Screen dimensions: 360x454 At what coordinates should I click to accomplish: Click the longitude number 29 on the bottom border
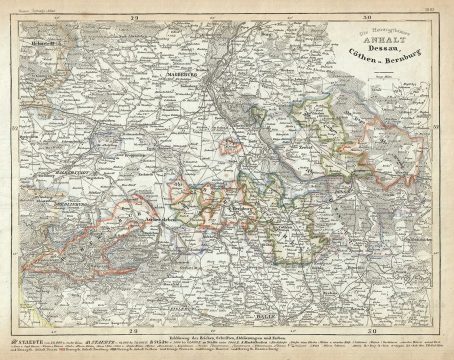coord(133,322)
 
